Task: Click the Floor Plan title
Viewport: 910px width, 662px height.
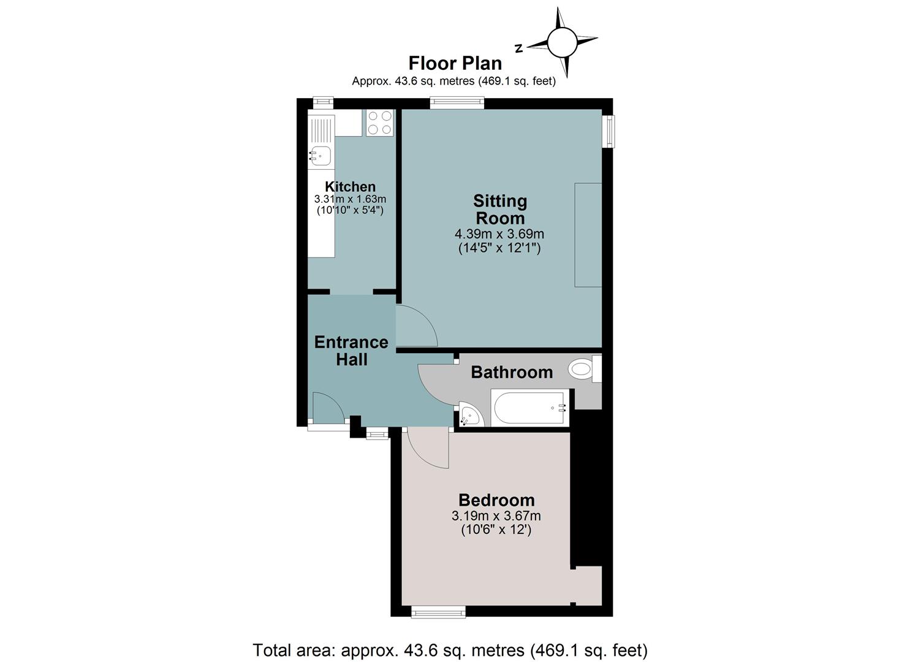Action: tap(455, 63)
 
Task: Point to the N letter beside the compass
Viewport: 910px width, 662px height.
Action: tap(518, 48)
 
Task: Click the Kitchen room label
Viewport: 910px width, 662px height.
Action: tap(350, 186)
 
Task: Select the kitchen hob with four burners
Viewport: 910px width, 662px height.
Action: tap(380, 123)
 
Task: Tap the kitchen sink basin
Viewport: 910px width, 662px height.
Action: tap(320, 156)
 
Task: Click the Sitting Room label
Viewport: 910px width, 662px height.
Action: tap(500, 210)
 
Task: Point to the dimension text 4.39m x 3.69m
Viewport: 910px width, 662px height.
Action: tap(499, 234)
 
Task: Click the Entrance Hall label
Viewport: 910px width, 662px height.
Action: tap(351, 351)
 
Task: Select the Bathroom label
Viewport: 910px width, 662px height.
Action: tap(512, 372)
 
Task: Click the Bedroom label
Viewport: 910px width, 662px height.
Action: tap(496, 500)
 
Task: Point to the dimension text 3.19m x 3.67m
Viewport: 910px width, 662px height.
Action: tap(496, 516)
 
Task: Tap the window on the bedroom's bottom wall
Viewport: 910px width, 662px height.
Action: tap(438, 612)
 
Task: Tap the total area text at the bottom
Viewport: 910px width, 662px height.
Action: tap(450, 650)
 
